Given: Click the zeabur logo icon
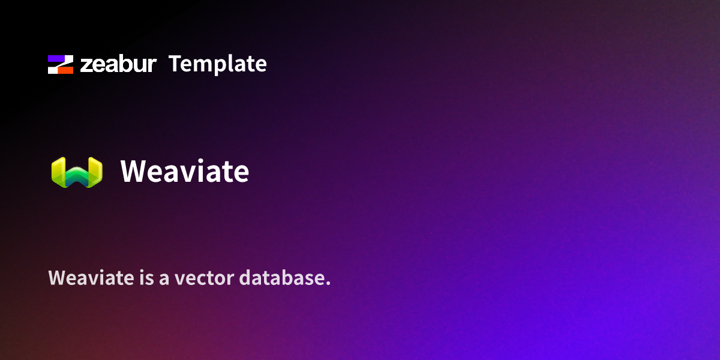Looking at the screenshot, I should (61, 64).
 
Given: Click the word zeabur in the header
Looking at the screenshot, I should (118, 64).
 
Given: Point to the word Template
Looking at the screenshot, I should (217, 64).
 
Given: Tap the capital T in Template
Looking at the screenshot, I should (175, 64).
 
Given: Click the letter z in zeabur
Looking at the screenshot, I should (86, 65).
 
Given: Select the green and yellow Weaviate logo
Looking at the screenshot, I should (77, 172).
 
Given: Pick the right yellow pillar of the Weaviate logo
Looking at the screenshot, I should (95, 171).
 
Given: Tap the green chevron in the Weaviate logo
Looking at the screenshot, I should (77, 176).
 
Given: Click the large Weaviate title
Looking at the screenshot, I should (184, 172).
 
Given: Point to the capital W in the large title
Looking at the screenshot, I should (133, 172).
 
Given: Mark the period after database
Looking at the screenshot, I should (328, 284).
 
